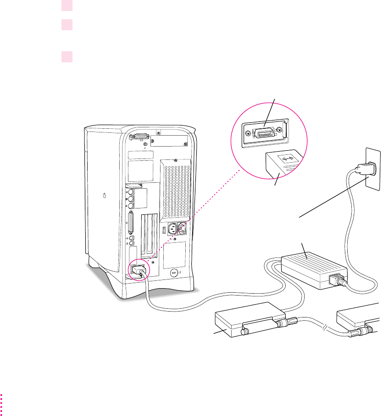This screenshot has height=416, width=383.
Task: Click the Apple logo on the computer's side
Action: click(105, 196)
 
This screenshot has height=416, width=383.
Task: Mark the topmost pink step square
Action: click(65, 7)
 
